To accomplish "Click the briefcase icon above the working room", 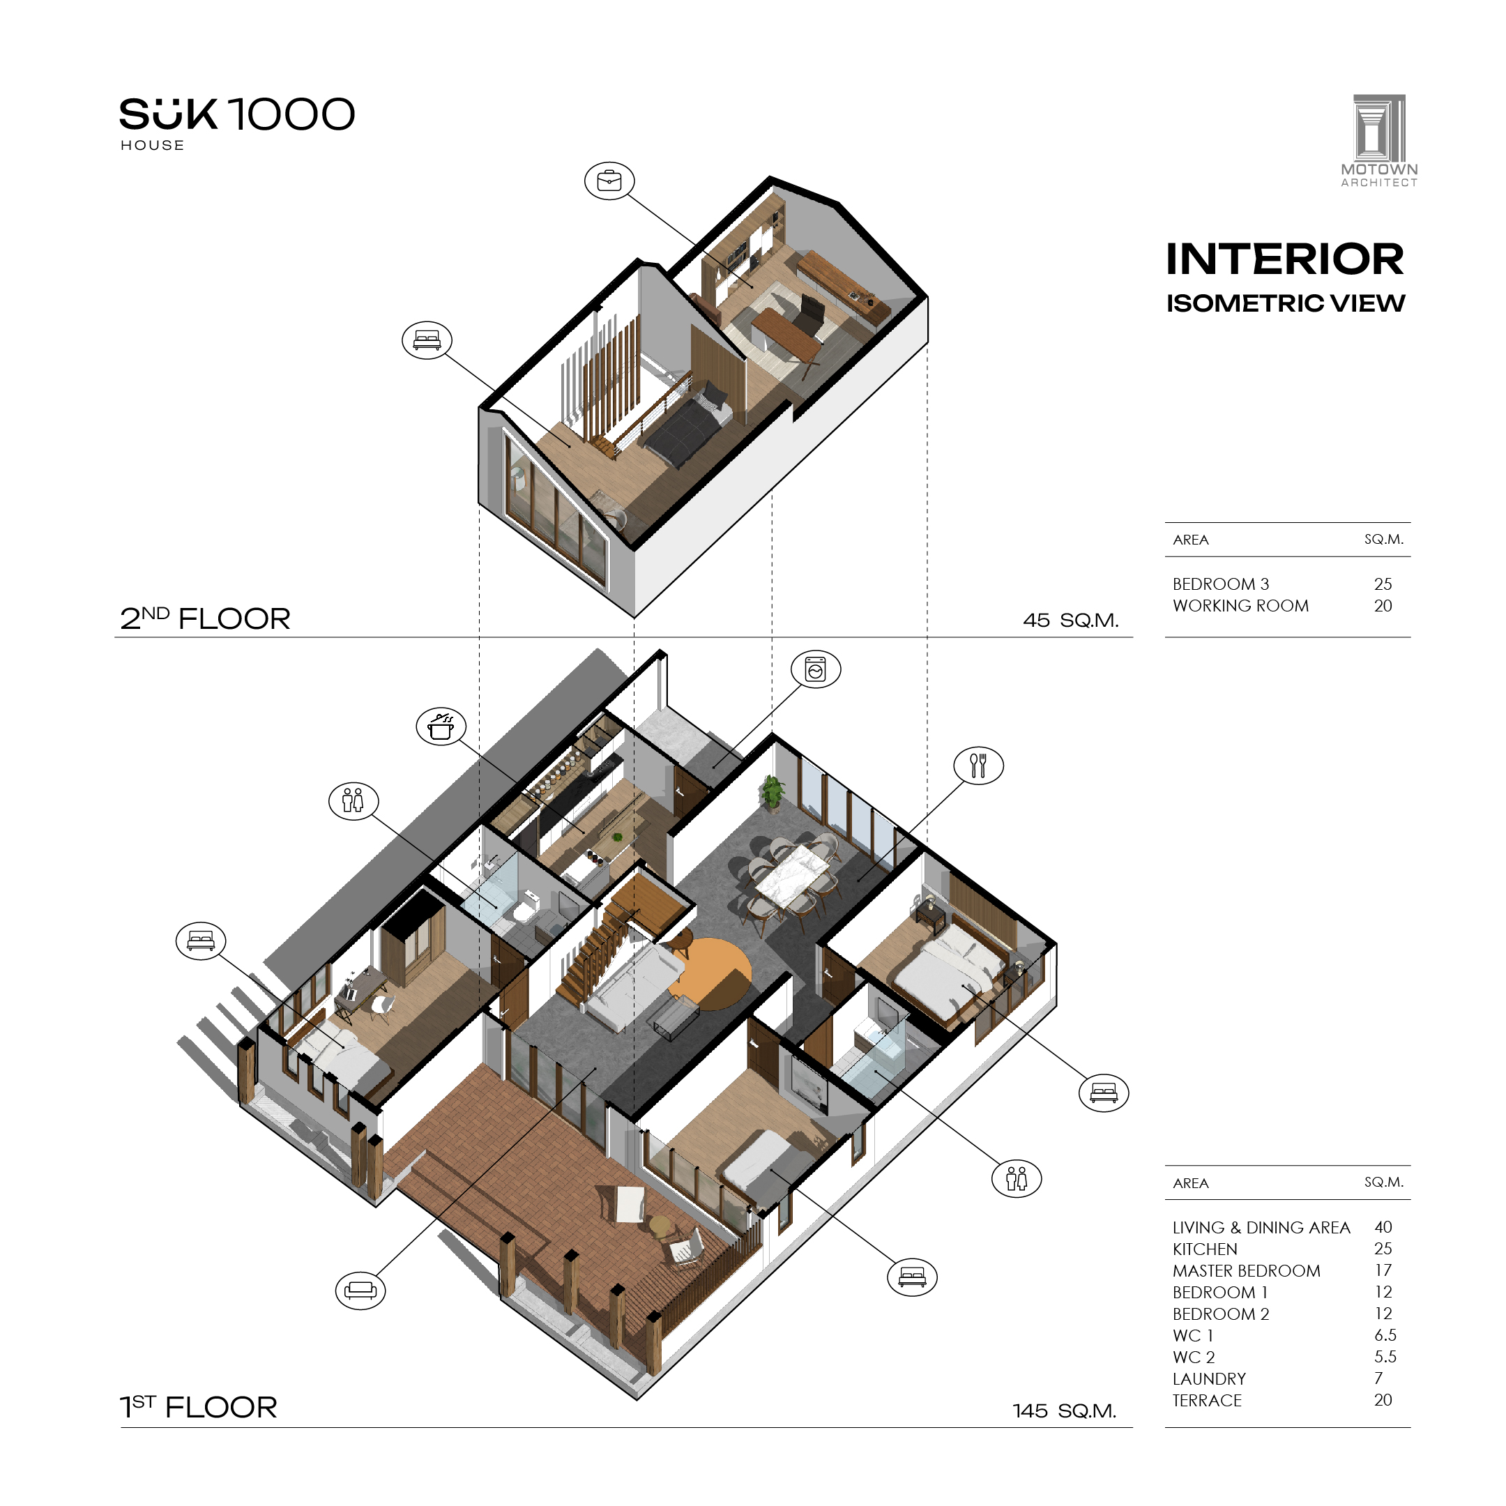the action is click(x=609, y=181).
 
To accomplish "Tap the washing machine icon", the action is click(x=815, y=669).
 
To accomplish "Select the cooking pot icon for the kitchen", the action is click(x=441, y=727).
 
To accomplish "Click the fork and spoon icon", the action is click(x=978, y=766).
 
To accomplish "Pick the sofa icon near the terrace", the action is click(x=360, y=1290).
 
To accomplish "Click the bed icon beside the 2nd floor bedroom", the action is click(x=427, y=340).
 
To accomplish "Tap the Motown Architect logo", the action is click(x=1379, y=141).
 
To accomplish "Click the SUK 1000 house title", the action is click(x=237, y=124).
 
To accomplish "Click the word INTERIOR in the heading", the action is click(x=1284, y=259).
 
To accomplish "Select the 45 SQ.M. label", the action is click(x=1071, y=621).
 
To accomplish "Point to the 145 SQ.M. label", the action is click(x=1065, y=1411).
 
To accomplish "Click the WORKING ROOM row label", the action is click(x=1240, y=606).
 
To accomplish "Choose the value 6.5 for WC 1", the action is click(x=1385, y=1335).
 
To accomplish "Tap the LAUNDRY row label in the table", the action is click(x=1209, y=1379).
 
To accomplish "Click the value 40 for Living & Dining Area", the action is click(x=1383, y=1228).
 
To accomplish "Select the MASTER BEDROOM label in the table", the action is click(x=1247, y=1270).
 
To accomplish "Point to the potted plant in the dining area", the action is click(x=773, y=794).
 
